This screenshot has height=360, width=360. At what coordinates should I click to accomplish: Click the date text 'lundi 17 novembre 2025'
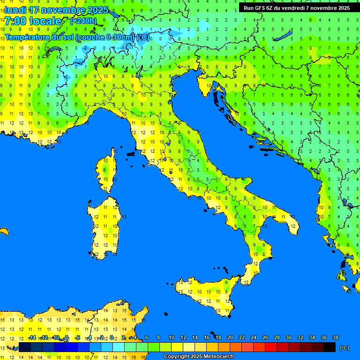coord(56,10)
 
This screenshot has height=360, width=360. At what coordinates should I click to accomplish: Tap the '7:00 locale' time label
coord(33,21)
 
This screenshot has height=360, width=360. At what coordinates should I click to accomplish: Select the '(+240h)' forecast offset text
coord(83,21)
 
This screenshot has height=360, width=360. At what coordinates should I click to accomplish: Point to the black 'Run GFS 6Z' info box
coord(297,7)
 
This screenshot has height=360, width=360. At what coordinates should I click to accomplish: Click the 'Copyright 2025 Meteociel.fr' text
coord(199,356)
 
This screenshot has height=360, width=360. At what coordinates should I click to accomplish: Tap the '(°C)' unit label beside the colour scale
coord(344,347)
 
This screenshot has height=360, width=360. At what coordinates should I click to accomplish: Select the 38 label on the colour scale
coord(336,337)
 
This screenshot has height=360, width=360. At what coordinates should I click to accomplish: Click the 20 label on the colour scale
coord(230,337)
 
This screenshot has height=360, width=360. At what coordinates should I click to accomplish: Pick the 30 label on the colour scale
coord(289,337)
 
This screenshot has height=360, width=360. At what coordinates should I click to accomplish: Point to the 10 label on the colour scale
coord(172,337)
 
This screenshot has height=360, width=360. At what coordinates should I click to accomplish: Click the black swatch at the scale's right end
coord(330,347)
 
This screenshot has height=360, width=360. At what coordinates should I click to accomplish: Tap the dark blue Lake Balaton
coord(285,37)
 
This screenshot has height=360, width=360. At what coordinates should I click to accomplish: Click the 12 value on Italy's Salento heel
coord(292,226)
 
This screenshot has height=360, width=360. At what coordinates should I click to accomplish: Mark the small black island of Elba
coord(130,153)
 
